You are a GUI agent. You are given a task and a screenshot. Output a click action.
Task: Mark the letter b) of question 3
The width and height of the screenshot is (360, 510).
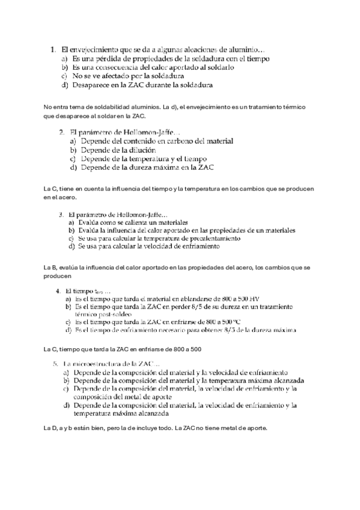click(70, 230)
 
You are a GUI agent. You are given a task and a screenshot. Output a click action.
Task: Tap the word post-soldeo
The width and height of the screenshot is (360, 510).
click(119, 315)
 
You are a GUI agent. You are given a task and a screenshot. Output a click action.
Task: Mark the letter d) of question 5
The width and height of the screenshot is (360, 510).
click(66, 405)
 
